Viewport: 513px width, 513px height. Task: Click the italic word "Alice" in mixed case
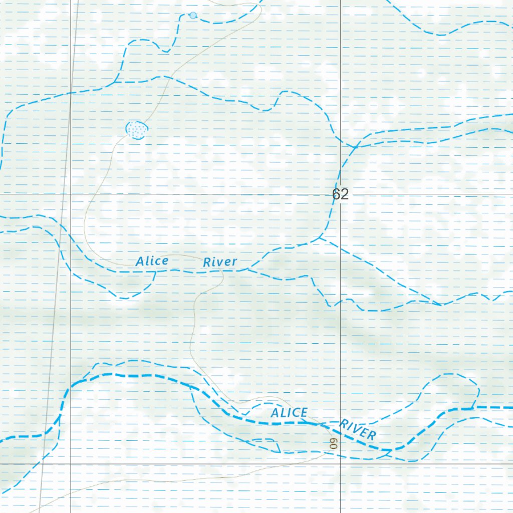pos(151,261)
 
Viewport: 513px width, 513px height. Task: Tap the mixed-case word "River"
pos(219,262)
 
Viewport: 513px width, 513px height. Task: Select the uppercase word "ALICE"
pos(289,413)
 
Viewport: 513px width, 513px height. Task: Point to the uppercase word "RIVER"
pos(357,430)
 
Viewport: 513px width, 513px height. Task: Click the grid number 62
pos(340,194)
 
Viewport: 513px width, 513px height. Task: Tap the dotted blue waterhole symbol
pos(136,129)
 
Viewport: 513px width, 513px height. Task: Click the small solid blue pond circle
pos(193,16)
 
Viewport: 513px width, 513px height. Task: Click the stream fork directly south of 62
pos(319,239)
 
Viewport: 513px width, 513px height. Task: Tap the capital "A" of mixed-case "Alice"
pos(140,262)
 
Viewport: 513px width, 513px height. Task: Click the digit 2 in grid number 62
pos(344,194)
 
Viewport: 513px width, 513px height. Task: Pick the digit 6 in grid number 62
pos(336,194)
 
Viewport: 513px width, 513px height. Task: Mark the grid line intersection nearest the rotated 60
pos(341,464)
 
